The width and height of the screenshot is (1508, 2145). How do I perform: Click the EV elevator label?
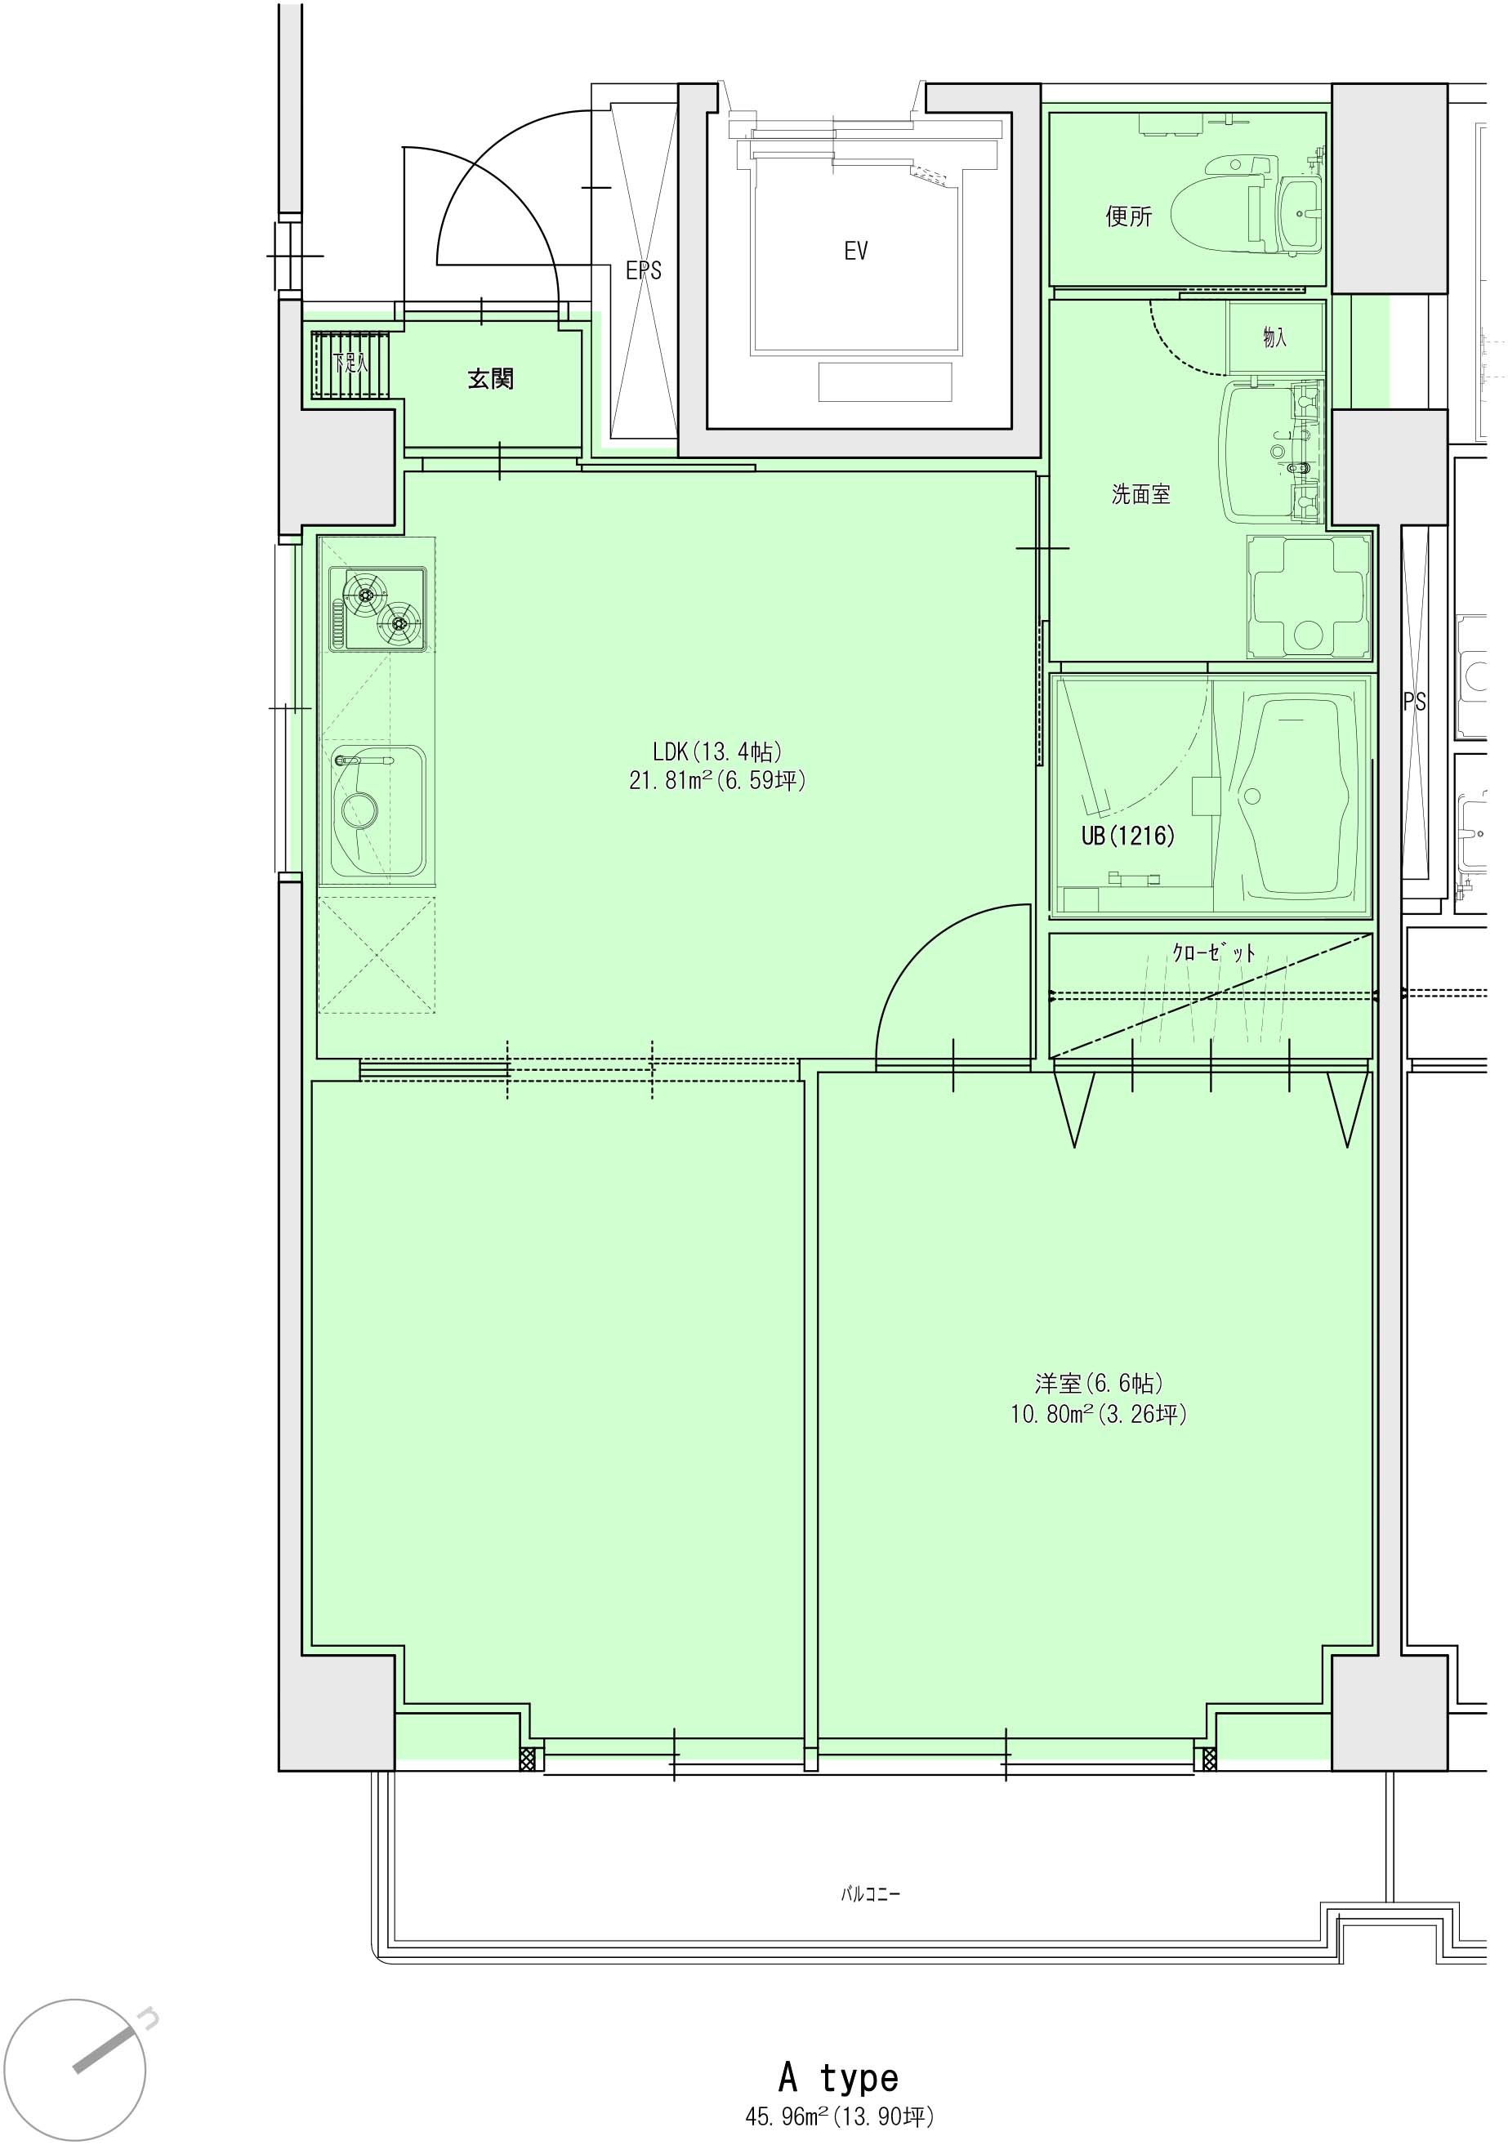pyautogui.click(x=856, y=251)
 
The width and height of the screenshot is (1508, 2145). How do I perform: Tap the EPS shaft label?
pyautogui.click(x=644, y=271)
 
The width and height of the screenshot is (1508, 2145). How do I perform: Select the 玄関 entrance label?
pyautogui.click(x=490, y=378)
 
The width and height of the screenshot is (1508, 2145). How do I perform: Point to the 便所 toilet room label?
pyautogui.click(x=1129, y=216)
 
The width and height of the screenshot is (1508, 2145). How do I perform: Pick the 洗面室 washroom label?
pyautogui.click(x=1141, y=494)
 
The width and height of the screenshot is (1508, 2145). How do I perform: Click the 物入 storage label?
pyautogui.click(x=1274, y=337)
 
